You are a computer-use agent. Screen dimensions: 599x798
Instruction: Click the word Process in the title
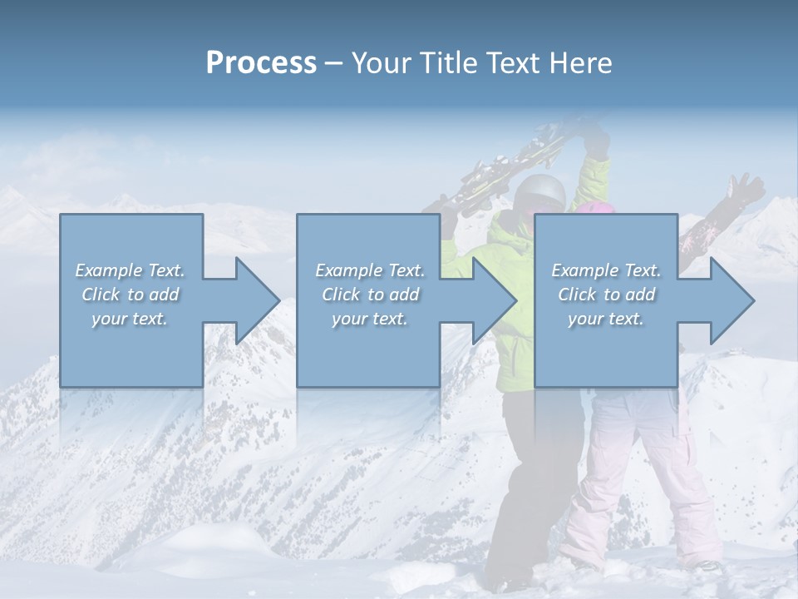tap(261, 62)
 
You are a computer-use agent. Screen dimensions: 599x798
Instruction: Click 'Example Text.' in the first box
tap(130, 270)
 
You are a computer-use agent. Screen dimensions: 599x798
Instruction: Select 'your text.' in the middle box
tap(369, 319)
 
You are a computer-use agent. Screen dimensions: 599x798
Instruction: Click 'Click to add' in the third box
tap(606, 295)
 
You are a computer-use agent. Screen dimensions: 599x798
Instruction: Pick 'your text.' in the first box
tap(130, 319)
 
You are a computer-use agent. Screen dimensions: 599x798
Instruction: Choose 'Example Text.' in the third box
tap(606, 270)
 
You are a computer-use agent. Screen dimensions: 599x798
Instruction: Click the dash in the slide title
tap(334, 62)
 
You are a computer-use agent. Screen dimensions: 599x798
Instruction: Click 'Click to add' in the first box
tap(130, 295)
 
